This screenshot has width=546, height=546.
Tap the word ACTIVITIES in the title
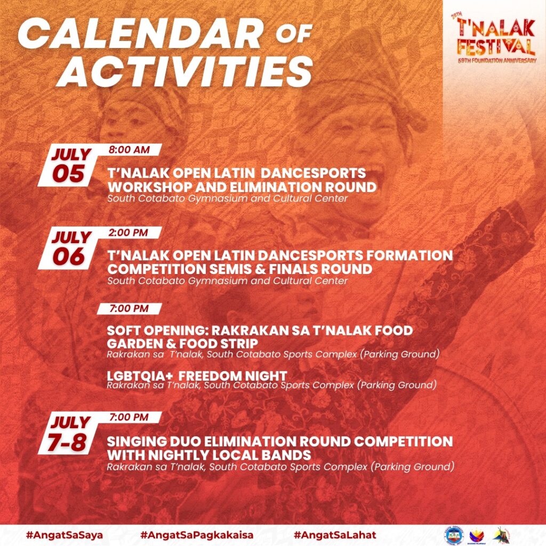pyautogui.click(x=185, y=72)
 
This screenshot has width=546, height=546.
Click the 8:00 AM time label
pyautogui.click(x=129, y=150)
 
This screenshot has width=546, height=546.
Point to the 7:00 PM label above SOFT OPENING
pyautogui.click(x=129, y=309)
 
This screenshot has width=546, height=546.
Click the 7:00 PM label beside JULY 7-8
pyautogui.click(x=129, y=417)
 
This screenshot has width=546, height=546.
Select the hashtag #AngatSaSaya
pyautogui.click(x=65, y=535)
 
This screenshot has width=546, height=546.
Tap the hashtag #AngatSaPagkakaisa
pyautogui.click(x=197, y=535)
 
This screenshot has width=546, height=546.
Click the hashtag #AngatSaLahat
pyautogui.click(x=335, y=535)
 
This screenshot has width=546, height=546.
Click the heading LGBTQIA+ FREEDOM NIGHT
pyautogui.click(x=197, y=376)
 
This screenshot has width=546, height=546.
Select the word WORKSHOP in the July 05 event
pyautogui.click(x=149, y=187)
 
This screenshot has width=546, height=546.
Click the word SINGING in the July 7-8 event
pyautogui.click(x=136, y=441)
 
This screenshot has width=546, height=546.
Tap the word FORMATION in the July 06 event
pyautogui.click(x=409, y=255)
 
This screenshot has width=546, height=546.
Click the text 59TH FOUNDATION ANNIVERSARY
pyautogui.click(x=497, y=61)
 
